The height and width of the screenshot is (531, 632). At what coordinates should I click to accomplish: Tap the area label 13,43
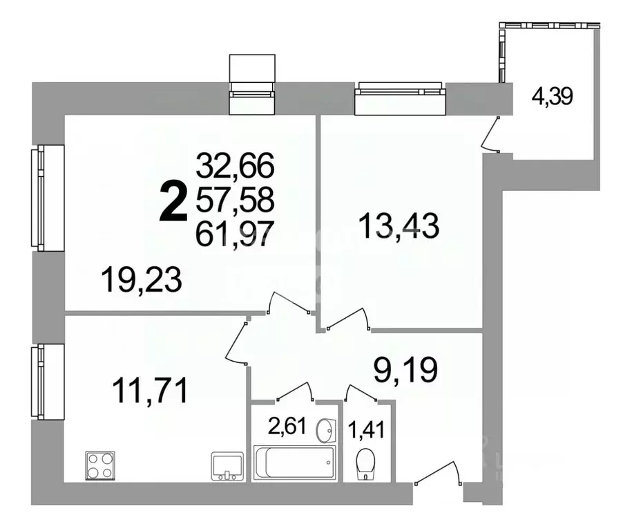[399, 226]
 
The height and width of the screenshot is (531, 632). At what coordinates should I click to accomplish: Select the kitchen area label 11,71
[149, 391]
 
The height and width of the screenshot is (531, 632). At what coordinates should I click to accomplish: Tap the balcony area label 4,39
[551, 96]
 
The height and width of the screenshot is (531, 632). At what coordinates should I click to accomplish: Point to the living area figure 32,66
[236, 167]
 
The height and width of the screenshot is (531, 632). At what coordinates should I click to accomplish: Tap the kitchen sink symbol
[227, 465]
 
